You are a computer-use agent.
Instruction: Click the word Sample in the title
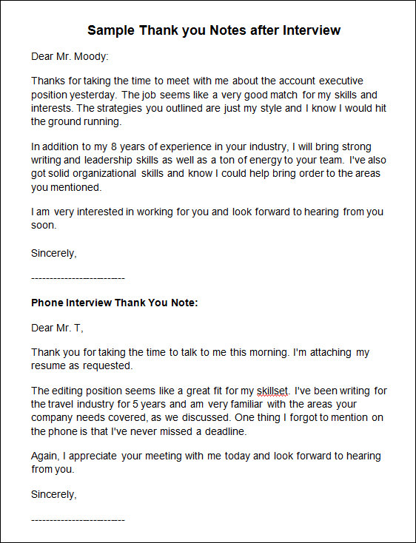tap(110, 30)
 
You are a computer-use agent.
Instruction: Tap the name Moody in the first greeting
tap(93, 56)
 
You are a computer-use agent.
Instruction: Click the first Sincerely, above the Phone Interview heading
tap(53, 252)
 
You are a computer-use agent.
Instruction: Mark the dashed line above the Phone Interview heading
tap(78, 277)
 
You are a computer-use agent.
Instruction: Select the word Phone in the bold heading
tap(47, 303)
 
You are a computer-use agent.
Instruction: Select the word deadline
tap(223, 431)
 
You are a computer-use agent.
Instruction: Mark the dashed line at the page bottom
tap(78, 519)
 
